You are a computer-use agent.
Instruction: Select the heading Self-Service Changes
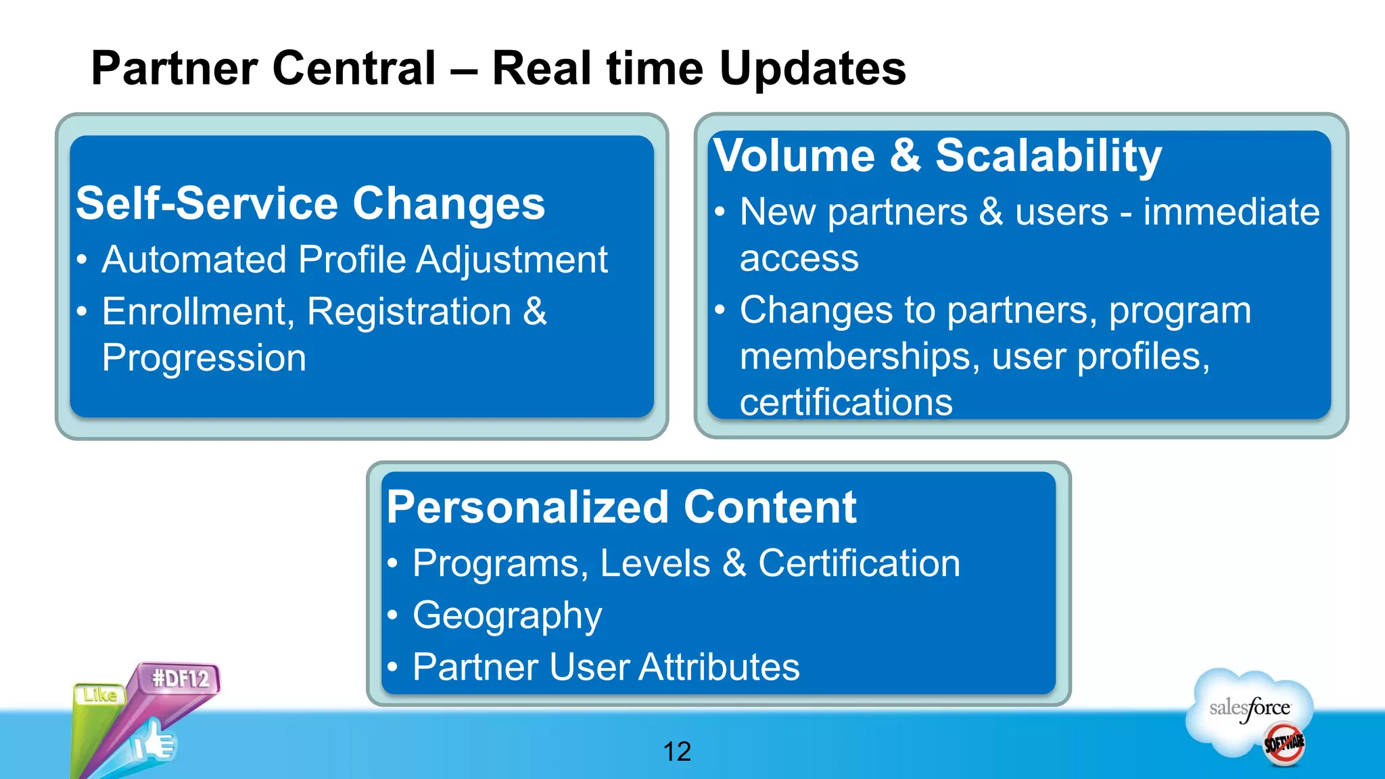pyautogui.click(x=310, y=204)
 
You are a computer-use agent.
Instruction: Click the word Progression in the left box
pyautogui.click(x=204, y=358)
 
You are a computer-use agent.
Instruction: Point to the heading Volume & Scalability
pyautogui.click(x=937, y=156)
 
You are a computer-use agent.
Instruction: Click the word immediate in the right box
pyautogui.click(x=1231, y=212)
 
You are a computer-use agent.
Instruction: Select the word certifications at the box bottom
pyautogui.click(x=846, y=402)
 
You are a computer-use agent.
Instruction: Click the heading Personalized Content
pyautogui.click(x=621, y=507)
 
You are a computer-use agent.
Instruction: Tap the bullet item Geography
pyautogui.click(x=507, y=615)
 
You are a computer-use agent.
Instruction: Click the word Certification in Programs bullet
pyautogui.click(x=859, y=563)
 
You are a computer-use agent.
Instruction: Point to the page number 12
pyautogui.click(x=677, y=752)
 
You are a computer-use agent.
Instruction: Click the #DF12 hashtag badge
pyautogui.click(x=180, y=678)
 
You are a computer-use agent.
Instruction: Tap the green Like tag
pyautogui.click(x=99, y=695)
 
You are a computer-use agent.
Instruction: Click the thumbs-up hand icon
pyautogui.click(x=154, y=742)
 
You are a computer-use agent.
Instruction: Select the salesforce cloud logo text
pyautogui.click(x=1250, y=708)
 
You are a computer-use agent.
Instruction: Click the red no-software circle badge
pyautogui.click(x=1284, y=744)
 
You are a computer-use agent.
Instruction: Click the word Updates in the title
pyautogui.click(x=812, y=68)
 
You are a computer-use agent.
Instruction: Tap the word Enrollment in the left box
pyautogui.click(x=198, y=312)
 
